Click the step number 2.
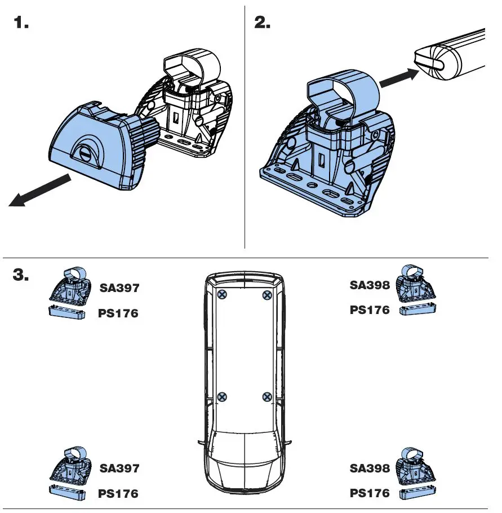pos(262,24)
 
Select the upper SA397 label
pos(119,288)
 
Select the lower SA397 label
pos(119,468)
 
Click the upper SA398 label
pos(370,285)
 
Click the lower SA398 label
pos(370,468)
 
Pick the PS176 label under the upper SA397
pos(118,313)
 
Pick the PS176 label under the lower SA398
pos(370,493)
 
